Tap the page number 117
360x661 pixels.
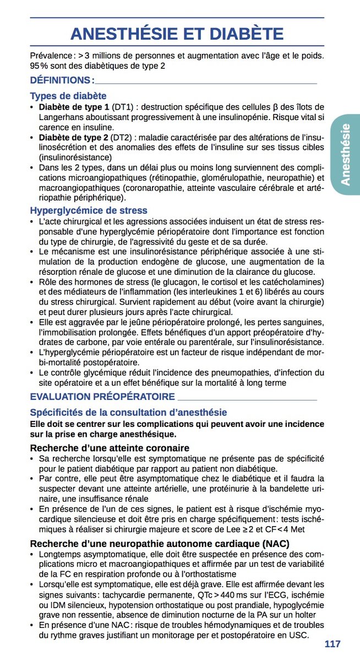[332, 644]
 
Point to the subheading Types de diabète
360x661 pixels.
[68, 96]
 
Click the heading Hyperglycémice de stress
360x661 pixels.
[89, 210]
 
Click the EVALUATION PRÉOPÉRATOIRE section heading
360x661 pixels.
[102, 396]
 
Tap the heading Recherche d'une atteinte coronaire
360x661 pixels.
[110, 448]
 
